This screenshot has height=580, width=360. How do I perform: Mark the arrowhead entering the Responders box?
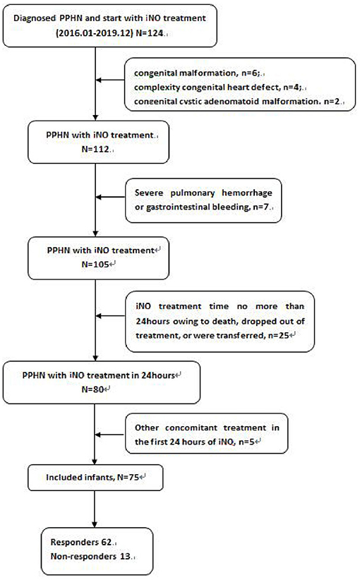tap(94, 526)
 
